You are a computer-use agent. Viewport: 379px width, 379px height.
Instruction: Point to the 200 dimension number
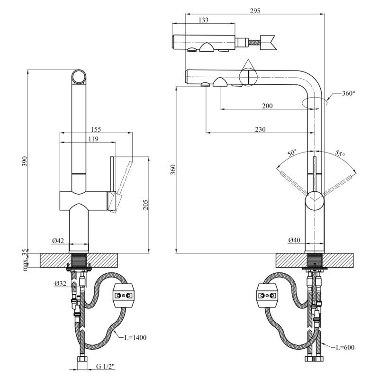coord(267,106)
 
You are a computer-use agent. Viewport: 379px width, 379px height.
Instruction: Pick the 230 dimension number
coord(259,129)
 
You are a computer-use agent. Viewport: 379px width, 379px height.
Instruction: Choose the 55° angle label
coord(340,153)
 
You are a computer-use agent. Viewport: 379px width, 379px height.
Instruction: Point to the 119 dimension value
coord(93,139)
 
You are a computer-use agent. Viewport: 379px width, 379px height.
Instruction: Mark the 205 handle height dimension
coord(145,204)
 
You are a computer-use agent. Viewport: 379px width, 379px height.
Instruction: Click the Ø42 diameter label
coord(57,241)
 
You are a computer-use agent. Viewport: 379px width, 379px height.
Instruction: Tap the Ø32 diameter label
coord(60,283)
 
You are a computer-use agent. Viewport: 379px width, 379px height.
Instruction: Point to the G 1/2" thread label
coord(106,366)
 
